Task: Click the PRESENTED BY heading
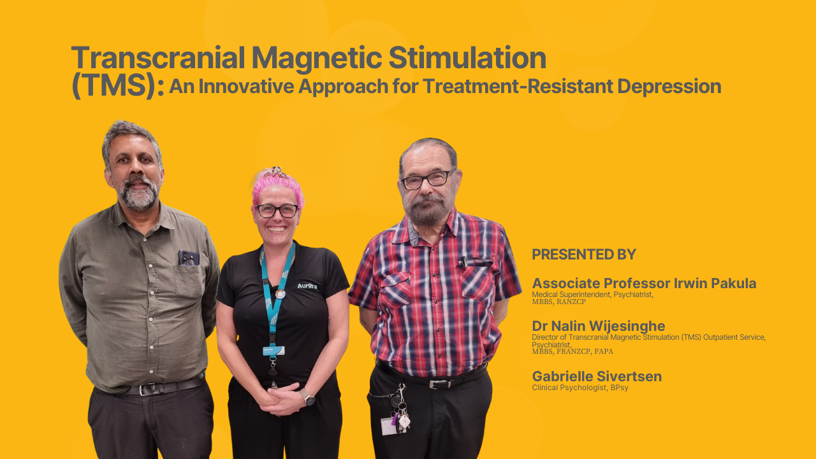pyautogui.click(x=584, y=254)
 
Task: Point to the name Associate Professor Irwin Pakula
pyautogui.click(x=644, y=283)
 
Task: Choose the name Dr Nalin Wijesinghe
pyautogui.click(x=599, y=326)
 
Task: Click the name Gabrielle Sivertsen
pyautogui.click(x=597, y=376)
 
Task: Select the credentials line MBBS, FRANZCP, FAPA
pyautogui.click(x=572, y=351)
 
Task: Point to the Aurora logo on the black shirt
pyautogui.click(x=307, y=286)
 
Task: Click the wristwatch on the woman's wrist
pyautogui.click(x=308, y=397)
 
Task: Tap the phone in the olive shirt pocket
pyautogui.click(x=189, y=258)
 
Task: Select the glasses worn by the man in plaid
pyautogui.click(x=426, y=180)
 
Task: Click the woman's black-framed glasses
pyautogui.click(x=277, y=210)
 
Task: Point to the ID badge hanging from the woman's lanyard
pyautogui.click(x=273, y=351)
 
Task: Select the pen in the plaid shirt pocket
pyautogui.click(x=464, y=262)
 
